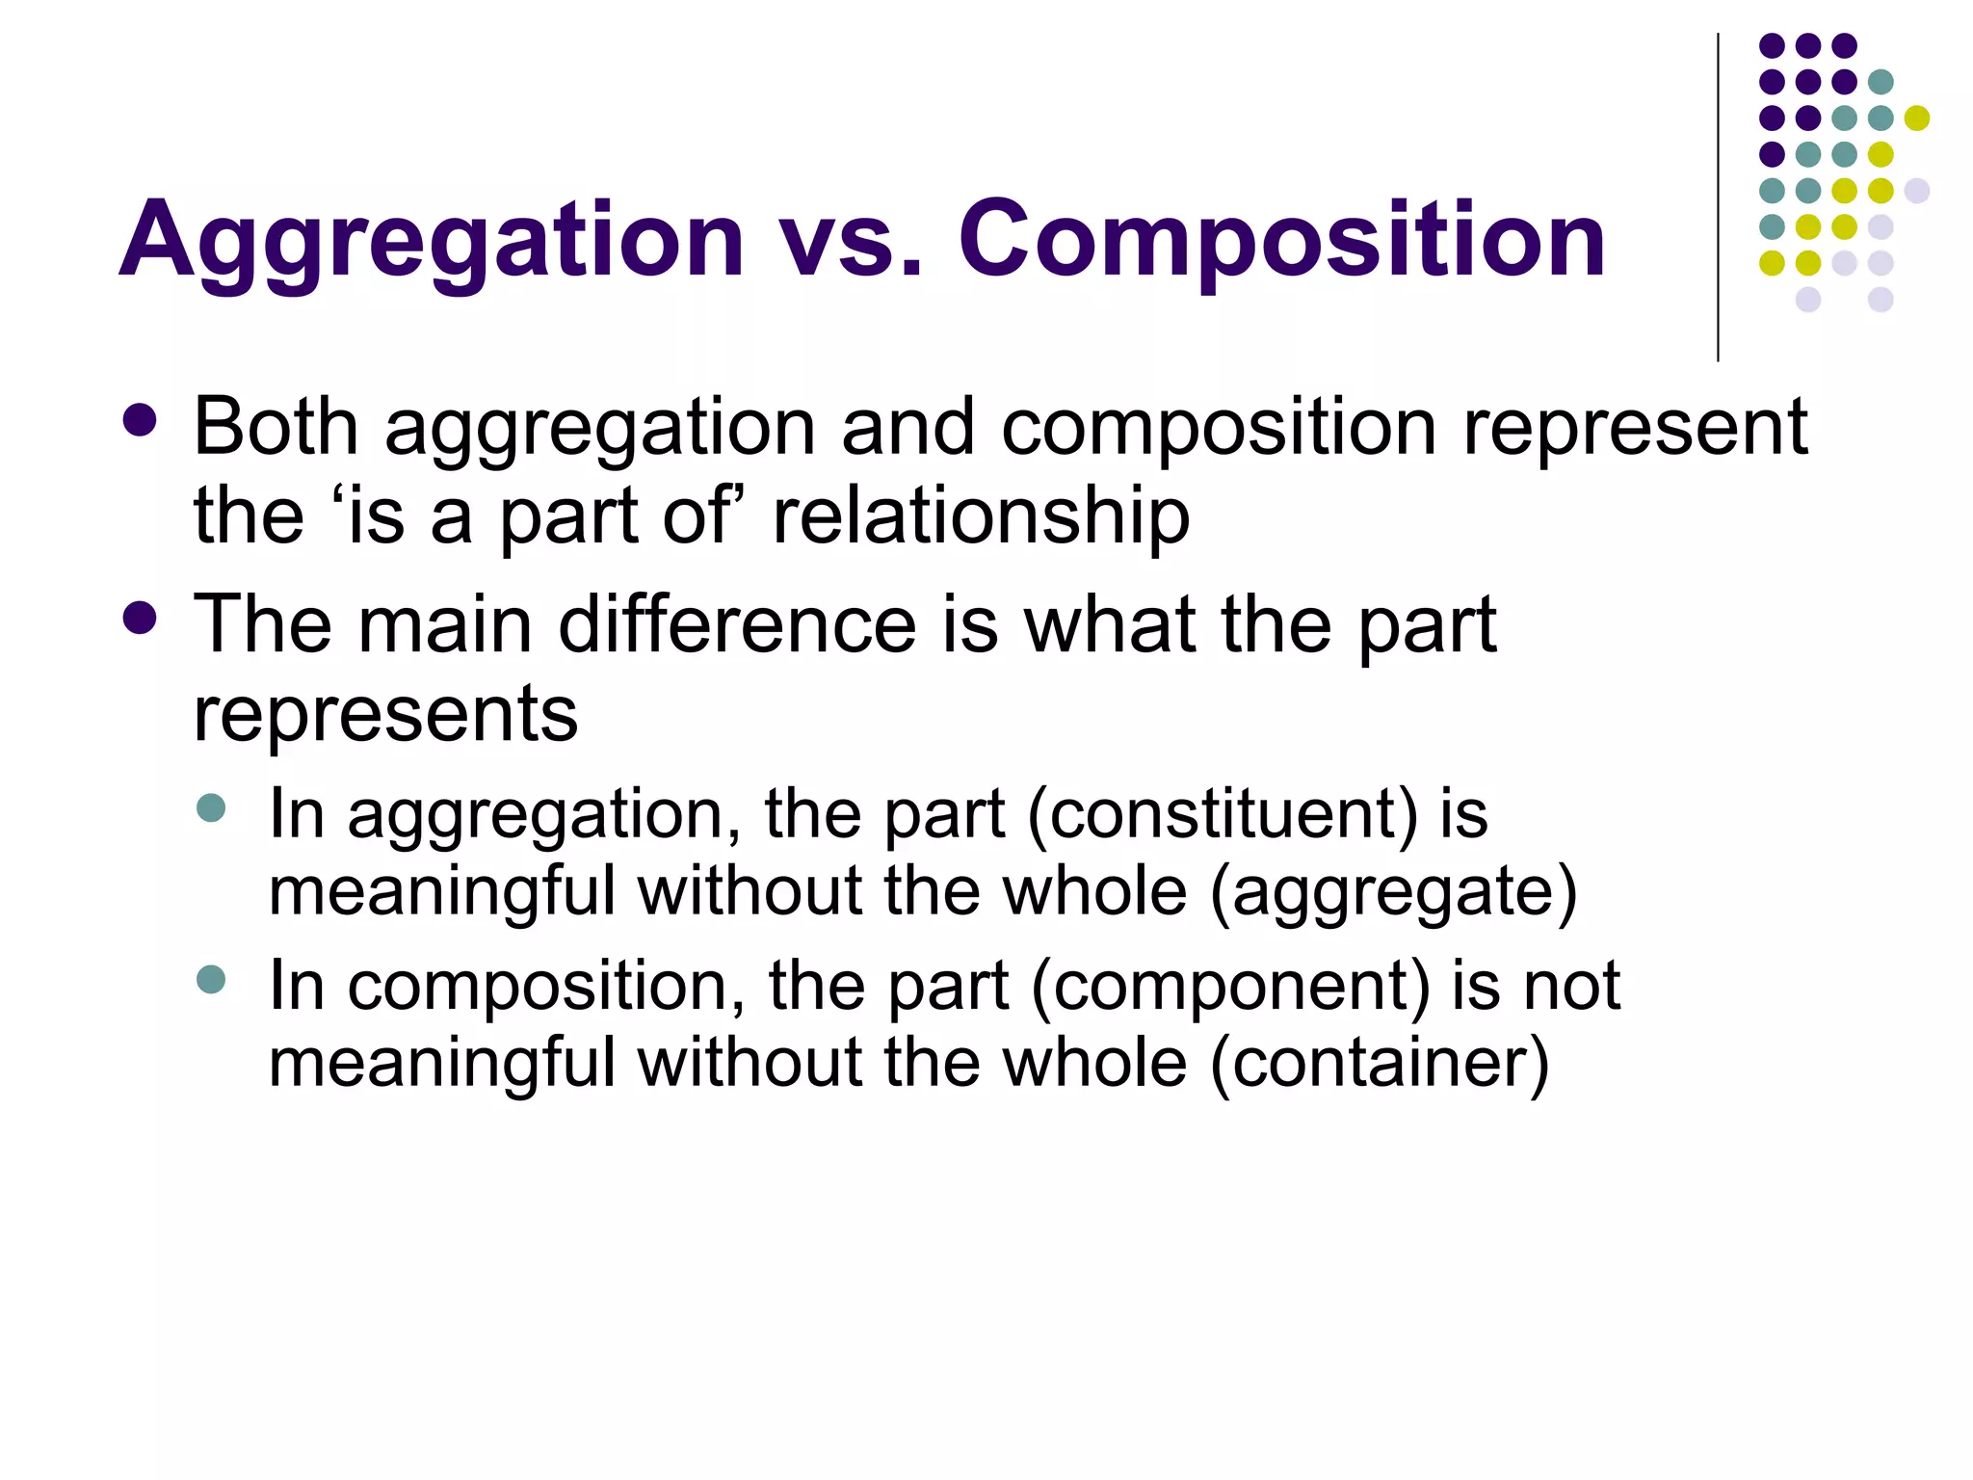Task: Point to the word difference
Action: tap(737, 624)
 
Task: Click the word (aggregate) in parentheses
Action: tap(1393, 891)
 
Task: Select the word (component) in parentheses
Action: tap(1231, 987)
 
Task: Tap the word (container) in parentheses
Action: tap(1380, 1063)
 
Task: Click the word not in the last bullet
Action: tap(1573, 987)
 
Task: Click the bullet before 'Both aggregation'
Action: tap(141, 420)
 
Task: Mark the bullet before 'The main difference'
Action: tap(141, 618)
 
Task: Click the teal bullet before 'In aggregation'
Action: tap(210, 807)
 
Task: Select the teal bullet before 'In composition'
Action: tap(210, 980)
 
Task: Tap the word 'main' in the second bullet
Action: tap(445, 624)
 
